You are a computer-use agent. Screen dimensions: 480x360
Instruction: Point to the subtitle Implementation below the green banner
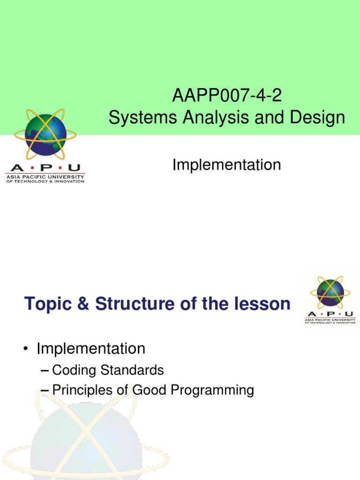point(227,165)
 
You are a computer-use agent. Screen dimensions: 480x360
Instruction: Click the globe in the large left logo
point(45,135)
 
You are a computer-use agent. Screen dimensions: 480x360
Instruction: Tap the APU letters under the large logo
point(45,168)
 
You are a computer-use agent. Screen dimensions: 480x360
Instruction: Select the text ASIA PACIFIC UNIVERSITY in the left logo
point(45,177)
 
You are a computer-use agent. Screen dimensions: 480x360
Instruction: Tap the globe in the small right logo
point(330,292)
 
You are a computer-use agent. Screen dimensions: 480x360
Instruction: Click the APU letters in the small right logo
point(330,314)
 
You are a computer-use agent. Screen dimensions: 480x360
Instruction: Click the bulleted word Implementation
point(91,349)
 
